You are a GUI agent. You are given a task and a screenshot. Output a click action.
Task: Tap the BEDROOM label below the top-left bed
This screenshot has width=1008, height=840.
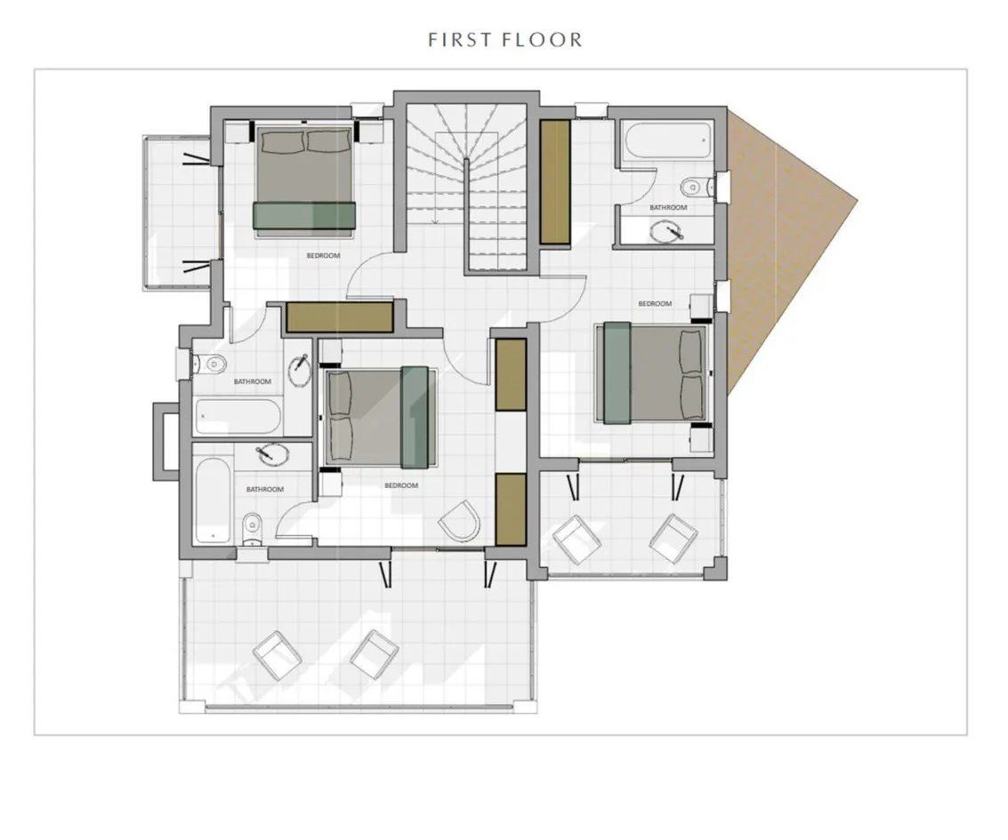pos(323,256)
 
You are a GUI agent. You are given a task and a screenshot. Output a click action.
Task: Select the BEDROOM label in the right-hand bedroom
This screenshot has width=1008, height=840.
pos(655,303)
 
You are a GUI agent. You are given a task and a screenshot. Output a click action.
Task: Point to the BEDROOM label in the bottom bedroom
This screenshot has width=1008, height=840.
pos(401,485)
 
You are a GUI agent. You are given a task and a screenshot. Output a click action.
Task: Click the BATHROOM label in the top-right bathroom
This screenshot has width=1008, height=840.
pos(668,207)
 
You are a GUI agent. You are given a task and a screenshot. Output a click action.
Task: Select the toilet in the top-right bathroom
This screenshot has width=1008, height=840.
pos(695,187)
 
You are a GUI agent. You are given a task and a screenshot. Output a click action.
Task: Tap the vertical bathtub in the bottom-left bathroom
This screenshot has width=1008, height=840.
pos(214,499)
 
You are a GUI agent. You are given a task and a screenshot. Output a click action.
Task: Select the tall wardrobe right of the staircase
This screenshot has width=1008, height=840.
pos(555,181)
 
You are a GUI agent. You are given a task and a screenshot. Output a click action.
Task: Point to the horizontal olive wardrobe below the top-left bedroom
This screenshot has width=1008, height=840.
pos(340,316)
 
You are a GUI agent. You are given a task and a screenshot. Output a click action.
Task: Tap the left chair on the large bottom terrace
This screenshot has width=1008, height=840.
pos(278,655)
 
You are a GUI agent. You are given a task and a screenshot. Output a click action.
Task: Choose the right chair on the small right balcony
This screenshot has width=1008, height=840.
pos(673,539)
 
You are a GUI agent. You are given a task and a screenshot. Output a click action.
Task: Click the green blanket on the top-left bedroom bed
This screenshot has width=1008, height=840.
pos(304,214)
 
